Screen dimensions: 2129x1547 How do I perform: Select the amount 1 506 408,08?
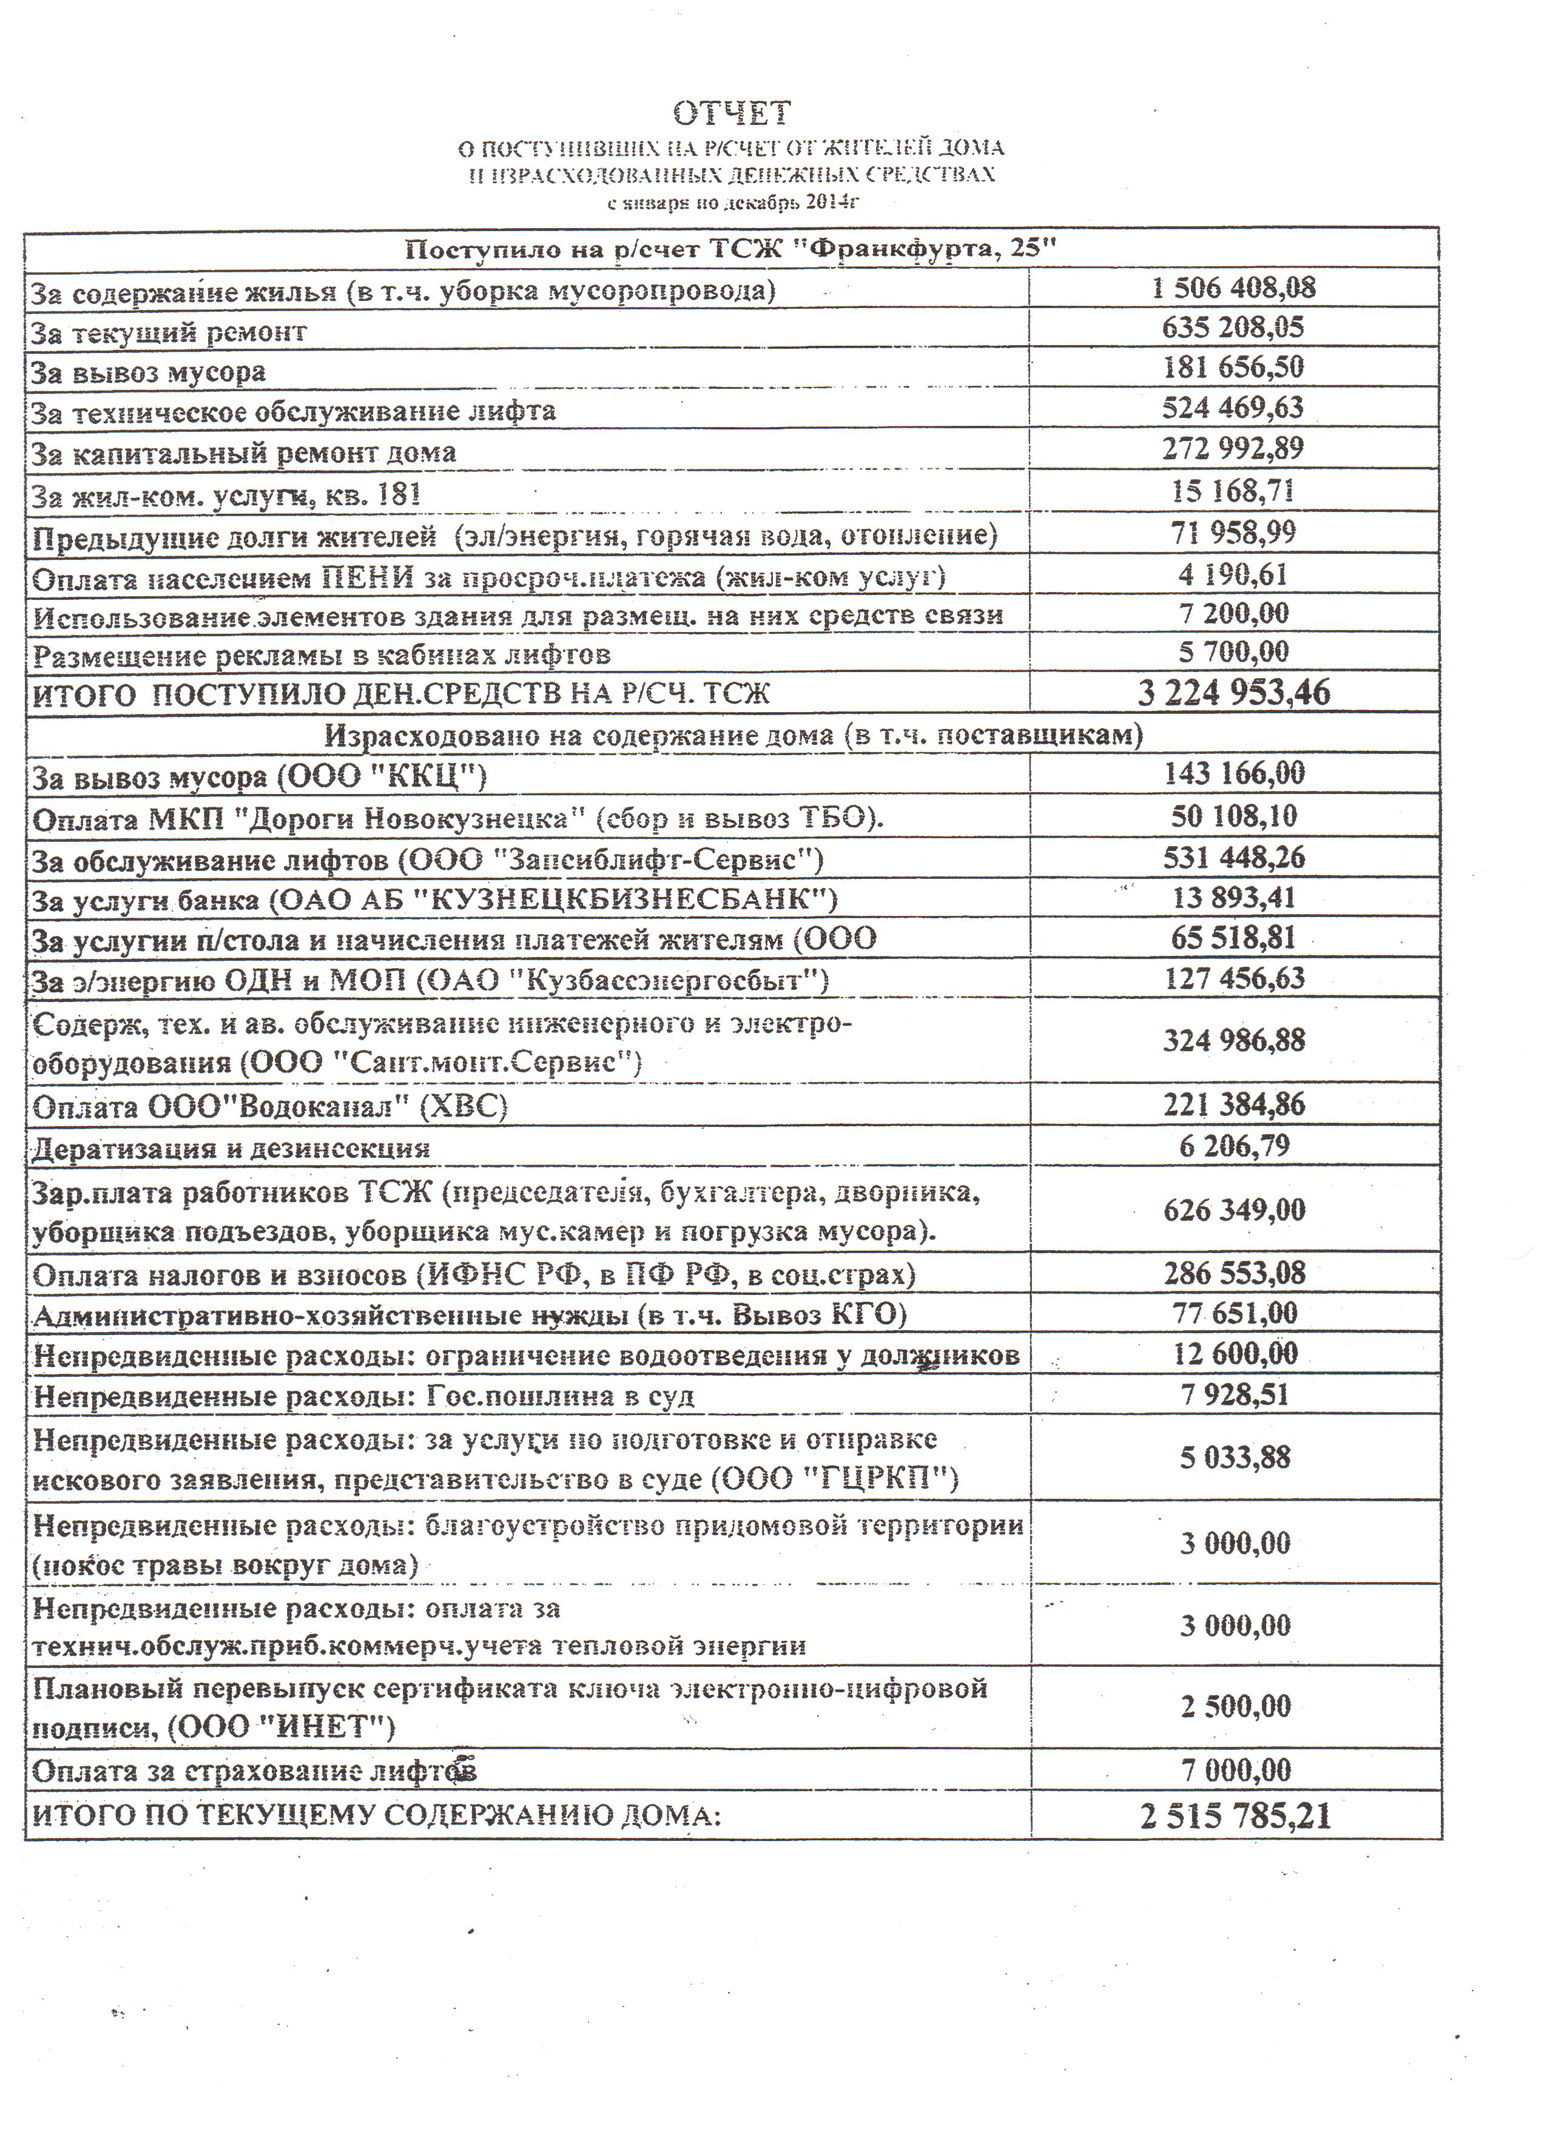point(1233,288)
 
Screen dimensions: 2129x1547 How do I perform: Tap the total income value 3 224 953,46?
point(1233,693)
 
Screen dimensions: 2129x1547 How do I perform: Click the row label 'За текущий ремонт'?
point(169,331)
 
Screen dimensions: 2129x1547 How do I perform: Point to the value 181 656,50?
point(1233,366)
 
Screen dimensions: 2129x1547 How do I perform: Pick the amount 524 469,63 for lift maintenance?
point(1233,408)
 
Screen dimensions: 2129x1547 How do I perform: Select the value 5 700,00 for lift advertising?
point(1233,651)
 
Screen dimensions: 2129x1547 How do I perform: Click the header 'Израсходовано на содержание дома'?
point(733,734)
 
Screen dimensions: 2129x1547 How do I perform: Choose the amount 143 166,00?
point(1233,773)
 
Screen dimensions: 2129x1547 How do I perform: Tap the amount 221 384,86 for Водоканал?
point(1233,1104)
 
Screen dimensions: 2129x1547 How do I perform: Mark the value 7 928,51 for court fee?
point(1233,1395)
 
